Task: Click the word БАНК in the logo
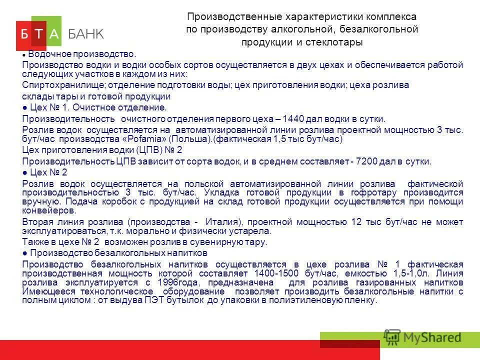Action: coord(86,34)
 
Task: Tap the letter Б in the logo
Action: coord(24,34)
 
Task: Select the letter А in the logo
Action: coord(54,34)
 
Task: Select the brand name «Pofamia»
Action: coord(145,139)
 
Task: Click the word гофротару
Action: coord(375,192)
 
